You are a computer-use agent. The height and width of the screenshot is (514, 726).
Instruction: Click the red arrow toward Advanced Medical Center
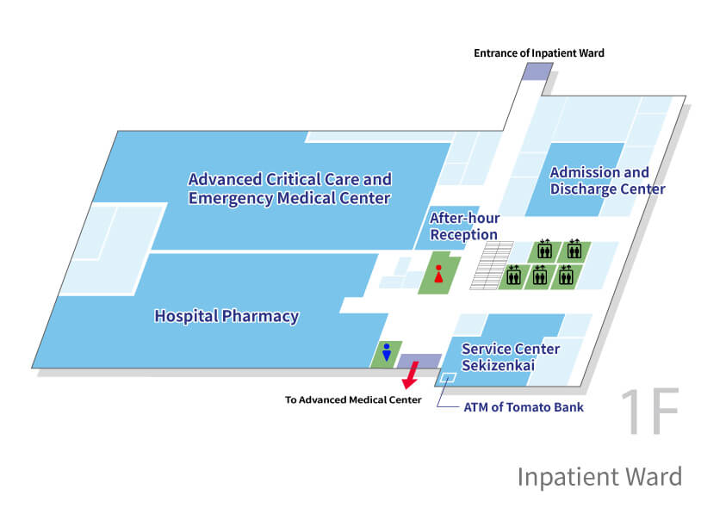click(x=411, y=375)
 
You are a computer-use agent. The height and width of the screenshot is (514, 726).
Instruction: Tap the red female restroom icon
click(x=438, y=274)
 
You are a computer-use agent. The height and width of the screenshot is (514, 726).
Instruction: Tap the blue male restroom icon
click(x=386, y=352)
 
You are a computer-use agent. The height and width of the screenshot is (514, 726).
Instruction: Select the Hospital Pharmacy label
click(x=226, y=316)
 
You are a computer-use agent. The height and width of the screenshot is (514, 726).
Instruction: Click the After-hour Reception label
click(x=464, y=226)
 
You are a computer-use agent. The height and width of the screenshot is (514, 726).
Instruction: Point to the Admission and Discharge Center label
click(x=607, y=181)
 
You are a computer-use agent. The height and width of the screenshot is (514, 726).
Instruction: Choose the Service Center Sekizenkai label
click(x=511, y=357)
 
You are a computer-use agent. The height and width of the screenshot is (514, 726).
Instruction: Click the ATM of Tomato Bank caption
click(x=524, y=407)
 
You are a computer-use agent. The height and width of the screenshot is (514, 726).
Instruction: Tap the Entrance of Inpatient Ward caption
click(x=539, y=53)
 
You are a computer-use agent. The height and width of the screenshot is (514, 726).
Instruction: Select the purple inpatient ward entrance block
click(x=537, y=71)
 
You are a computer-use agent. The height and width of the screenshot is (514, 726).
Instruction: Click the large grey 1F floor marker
click(x=650, y=412)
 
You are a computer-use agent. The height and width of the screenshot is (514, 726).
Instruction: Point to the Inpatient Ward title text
click(x=599, y=476)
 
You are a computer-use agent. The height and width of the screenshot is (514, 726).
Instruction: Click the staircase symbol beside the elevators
click(x=492, y=265)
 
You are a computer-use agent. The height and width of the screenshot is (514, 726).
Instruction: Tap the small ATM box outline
click(x=448, y=378)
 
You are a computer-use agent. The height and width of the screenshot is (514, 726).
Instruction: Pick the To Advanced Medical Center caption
click(x=353, y=399)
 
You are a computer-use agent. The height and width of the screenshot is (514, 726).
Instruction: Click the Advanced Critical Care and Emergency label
click(x=290, y=189)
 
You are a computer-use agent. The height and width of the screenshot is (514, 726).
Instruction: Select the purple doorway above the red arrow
click(x=419, y=362)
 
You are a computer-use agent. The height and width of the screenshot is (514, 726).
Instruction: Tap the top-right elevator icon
click(x=574, y=249)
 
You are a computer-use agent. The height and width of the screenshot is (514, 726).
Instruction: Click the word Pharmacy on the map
click(x=260, y=317)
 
